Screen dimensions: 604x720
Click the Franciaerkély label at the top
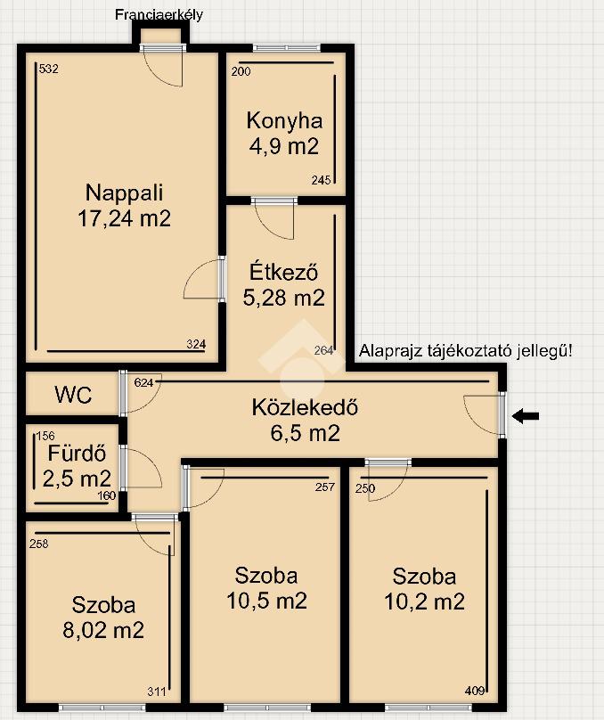click(x=159, y=15)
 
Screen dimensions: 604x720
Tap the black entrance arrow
click(x=526, y=416)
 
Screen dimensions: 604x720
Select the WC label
click(x=73, y=395)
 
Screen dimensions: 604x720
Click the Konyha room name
click(x=284, y=121)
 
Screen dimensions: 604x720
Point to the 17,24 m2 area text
click(x=125, y=218)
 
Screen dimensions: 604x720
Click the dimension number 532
click(x=49, y=69)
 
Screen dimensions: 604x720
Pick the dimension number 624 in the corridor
click(x=143, y=382)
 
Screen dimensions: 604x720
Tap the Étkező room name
click(x=283, y=272)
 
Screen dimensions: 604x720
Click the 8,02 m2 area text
click(x=103, y=630)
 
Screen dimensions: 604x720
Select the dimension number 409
click(x=475, y=691)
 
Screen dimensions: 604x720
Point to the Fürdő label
click(x=77, y=454)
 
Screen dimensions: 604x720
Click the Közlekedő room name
click(x=305, y=407)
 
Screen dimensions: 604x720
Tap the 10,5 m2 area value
click(x=266, y=601)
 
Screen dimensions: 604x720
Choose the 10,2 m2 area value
click(x=425, y=601)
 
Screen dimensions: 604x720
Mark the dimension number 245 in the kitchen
click(x=321, y=181)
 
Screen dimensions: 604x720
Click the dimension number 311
click(x=157, y=691)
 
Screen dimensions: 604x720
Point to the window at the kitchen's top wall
click(x=286, y=47)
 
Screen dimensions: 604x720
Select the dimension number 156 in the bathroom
click(x=45, y=436)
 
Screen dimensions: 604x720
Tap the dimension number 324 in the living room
click(x=196, y=344)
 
